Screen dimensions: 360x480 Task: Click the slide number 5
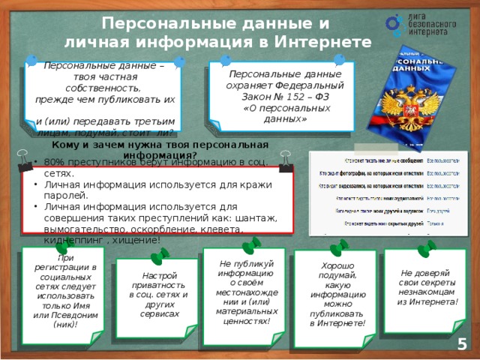pyautogui.click(x=462, y=343)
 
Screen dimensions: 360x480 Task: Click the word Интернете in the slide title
pyautogui.click(x=315, y=40)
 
